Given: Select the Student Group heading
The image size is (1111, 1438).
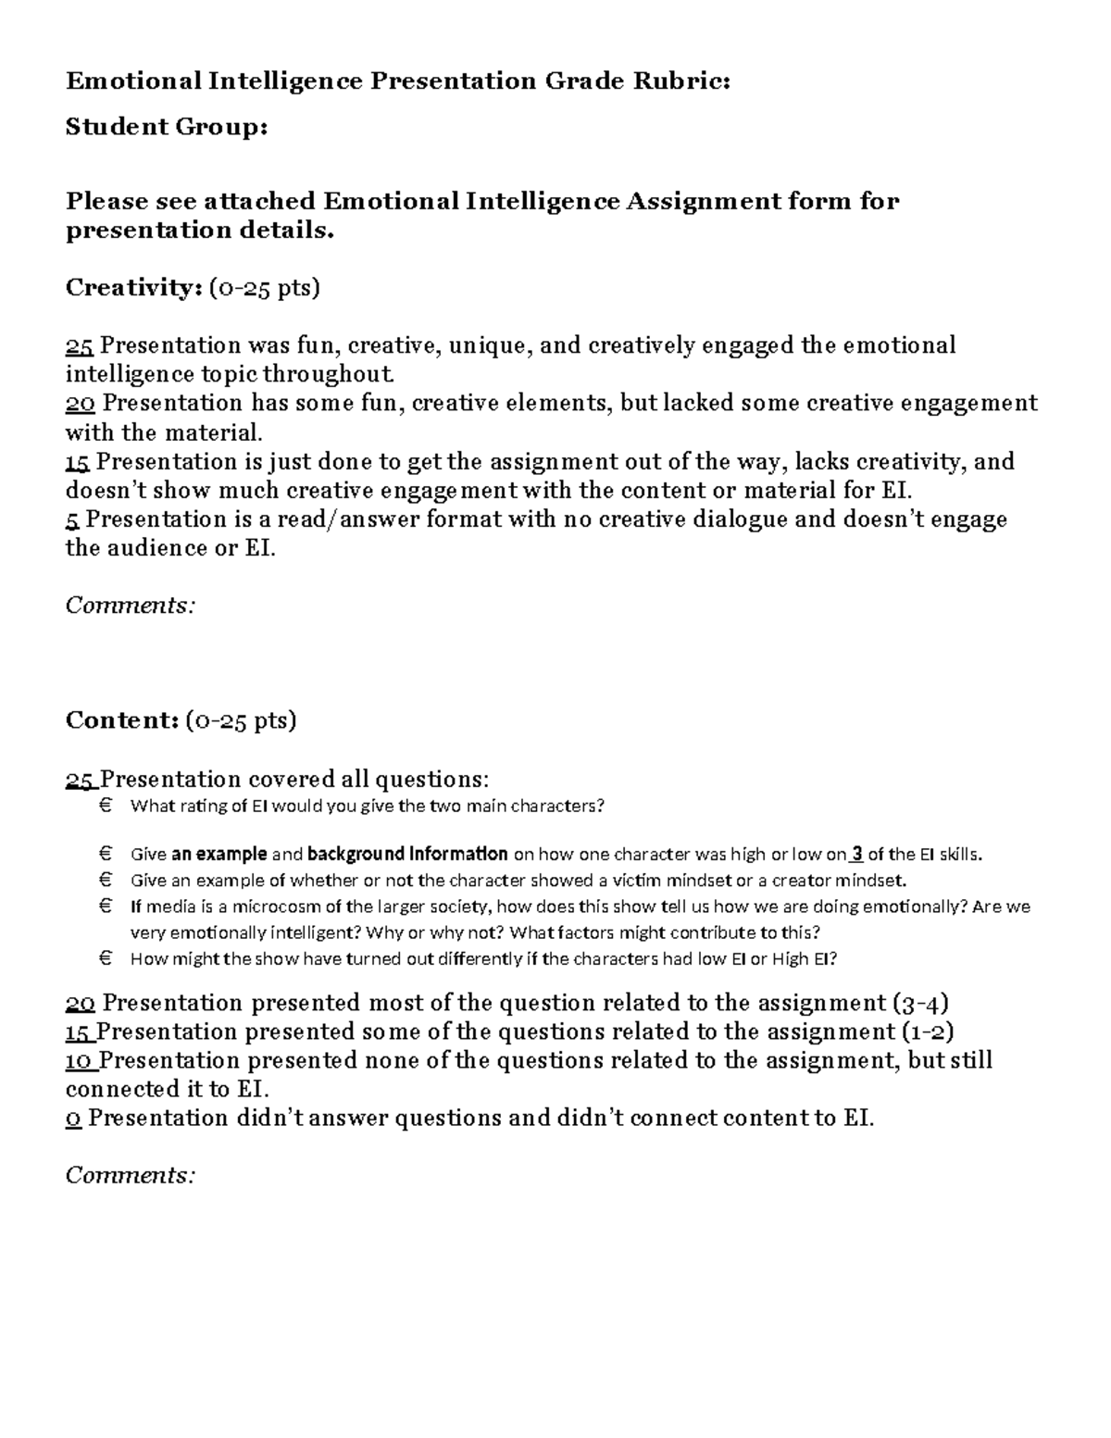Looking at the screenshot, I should tap(167, 126).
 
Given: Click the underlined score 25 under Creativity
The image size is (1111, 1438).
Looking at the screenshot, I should tap(79, 345).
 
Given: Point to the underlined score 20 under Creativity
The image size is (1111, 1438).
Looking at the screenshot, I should tap(80, 403).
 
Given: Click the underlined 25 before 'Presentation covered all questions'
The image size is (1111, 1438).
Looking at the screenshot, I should tap(80, 779).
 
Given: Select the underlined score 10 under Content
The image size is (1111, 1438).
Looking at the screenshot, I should tap(79, 1060).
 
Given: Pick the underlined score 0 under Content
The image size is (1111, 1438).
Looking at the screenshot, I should tap(73, 1118).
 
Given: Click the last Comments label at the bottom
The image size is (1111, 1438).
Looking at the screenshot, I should tap(131, 1175).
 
